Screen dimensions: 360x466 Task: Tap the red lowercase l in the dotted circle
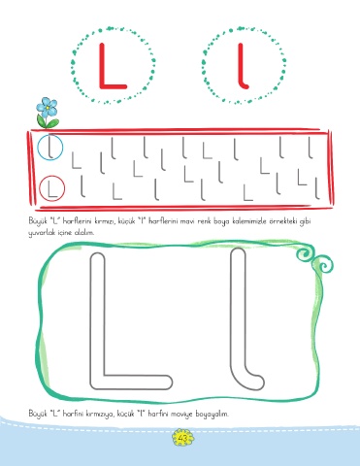tap(242, 66)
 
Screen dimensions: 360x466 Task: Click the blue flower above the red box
tap(47, 107)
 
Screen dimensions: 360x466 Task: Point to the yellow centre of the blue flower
tap(48, 107)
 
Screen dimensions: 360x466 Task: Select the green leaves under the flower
tap(48, 122)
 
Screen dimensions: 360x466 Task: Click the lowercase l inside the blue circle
tap(49, 148)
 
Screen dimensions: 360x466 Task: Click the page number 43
tap(182, 439)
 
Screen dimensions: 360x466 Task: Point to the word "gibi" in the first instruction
tap(306, 222)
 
